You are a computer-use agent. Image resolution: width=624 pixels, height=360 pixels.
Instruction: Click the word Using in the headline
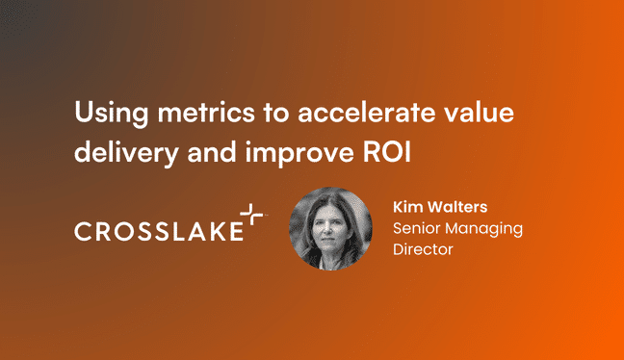click(104, 114)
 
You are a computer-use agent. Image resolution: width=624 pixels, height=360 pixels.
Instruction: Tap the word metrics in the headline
click(187, 114)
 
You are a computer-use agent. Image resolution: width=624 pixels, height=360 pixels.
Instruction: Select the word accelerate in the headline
click(355, 114)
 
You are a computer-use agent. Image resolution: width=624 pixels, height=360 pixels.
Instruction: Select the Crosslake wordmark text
click(158, 232)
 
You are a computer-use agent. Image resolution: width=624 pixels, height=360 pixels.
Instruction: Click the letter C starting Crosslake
click(84, 232)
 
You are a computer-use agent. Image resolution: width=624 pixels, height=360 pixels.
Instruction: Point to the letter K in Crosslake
click(214, 232)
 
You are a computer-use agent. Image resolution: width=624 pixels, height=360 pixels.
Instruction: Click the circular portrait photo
click(330, 229)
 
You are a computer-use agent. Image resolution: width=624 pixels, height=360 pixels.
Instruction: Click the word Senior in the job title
click(417, 228)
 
